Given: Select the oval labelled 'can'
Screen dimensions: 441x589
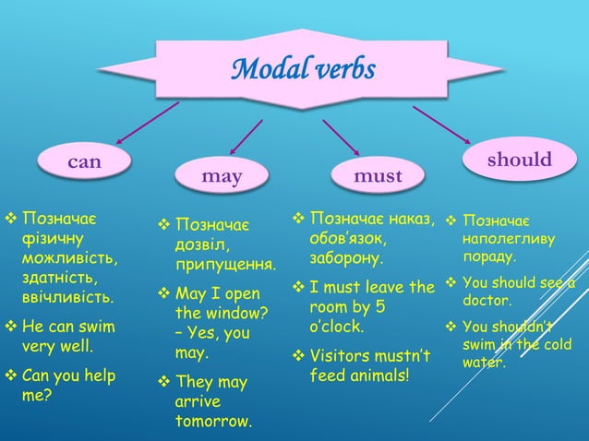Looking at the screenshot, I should (x=85, y=162).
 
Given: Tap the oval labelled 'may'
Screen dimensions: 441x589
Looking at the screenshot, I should (x=222, y=175).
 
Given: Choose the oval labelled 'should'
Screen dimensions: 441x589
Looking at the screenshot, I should (x=519, y=160).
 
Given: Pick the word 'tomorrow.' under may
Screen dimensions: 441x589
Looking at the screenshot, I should (x=212, y=422).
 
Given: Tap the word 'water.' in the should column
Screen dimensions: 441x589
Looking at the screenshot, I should (x=484, y=363).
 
